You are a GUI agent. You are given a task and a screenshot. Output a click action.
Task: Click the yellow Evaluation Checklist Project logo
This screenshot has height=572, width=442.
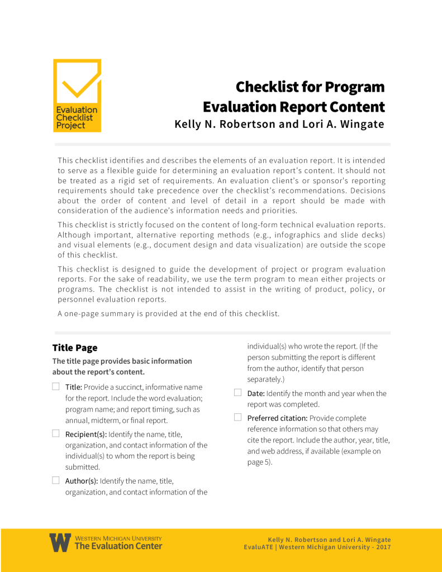point(77,96)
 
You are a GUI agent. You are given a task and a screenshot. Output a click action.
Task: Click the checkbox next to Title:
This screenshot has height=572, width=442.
point(56,386)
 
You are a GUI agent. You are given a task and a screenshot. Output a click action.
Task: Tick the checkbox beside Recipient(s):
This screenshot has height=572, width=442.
point(56,433)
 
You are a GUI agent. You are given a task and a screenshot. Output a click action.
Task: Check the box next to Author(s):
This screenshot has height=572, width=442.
point(56,480)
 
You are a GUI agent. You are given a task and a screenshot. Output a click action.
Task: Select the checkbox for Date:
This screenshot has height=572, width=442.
point(237,393)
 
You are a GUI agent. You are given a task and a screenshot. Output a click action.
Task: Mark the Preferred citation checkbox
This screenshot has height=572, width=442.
point(237,417)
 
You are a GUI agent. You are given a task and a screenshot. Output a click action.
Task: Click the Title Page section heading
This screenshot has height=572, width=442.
point(75,347)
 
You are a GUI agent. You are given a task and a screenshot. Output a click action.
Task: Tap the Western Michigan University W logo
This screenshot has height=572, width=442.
point(60,542)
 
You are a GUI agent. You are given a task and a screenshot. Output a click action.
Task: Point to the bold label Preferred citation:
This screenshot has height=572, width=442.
point(277,418)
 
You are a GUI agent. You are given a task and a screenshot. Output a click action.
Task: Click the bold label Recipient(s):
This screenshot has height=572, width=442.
point(86,434)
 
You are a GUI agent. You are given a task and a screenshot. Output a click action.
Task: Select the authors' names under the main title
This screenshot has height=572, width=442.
point(279,124)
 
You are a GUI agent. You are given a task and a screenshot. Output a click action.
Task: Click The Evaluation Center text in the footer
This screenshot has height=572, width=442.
point(118,546)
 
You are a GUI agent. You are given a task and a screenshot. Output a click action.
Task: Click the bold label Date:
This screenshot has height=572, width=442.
point(257,393)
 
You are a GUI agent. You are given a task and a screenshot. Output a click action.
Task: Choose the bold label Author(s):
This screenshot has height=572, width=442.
point(82,480)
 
